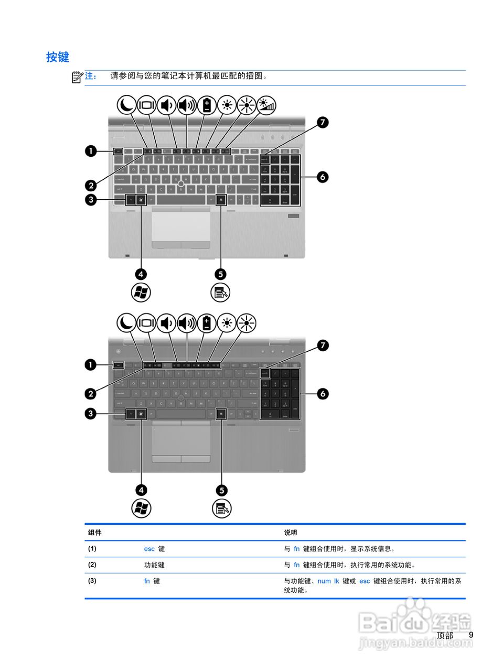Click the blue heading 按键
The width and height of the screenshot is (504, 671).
[58, 57]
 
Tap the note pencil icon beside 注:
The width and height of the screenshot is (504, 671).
[77, 77]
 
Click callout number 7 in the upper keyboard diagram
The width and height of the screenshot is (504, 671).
[323, 123]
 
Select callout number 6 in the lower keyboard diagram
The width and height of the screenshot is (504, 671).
[323, 393]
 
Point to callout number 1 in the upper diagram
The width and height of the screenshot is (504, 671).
[91, 151]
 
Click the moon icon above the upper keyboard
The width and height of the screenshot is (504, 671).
[126, 105]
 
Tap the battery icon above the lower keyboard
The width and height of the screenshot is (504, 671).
[207, 323]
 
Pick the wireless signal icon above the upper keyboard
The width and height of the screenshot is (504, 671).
[266, 105]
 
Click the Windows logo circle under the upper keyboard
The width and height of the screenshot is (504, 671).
[141, 293]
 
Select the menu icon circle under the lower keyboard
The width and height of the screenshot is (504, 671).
[222, 508]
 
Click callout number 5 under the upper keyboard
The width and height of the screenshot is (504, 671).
[221, 274]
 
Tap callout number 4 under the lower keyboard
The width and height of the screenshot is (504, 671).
[141, 490]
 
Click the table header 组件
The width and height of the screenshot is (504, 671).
[95, 533]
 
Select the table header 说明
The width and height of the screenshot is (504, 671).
[291, 533]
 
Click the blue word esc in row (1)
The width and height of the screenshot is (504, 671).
[149, 549]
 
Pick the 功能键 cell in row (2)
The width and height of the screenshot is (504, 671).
[154, 565]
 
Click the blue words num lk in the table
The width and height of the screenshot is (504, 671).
[328, 581]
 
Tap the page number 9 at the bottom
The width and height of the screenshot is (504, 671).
[471, 635]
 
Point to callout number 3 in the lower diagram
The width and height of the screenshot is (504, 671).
[91, 414]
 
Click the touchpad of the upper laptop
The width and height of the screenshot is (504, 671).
[181, 225]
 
